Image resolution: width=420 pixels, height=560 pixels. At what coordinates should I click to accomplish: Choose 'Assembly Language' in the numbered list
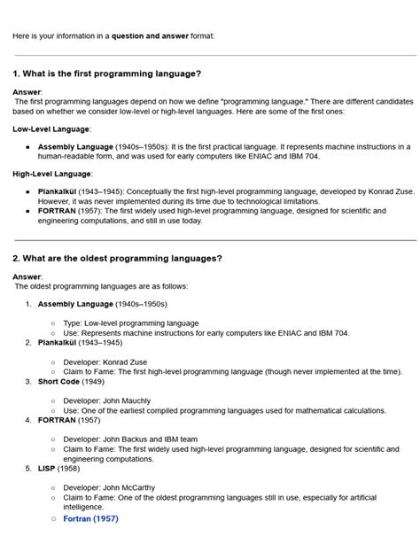pyautogui.click(x=75, y=304)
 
